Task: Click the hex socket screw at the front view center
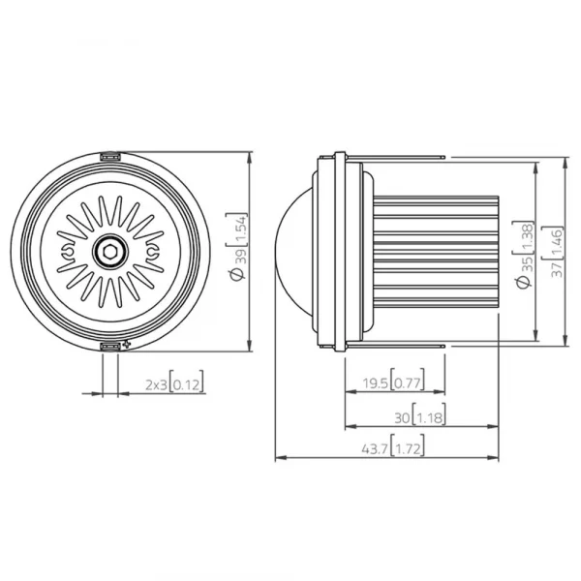(x=111, y=251)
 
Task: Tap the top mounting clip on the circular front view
(x=111, y=155)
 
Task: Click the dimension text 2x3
(x=155, y=384)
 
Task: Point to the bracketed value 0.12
(x=189, y=384)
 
